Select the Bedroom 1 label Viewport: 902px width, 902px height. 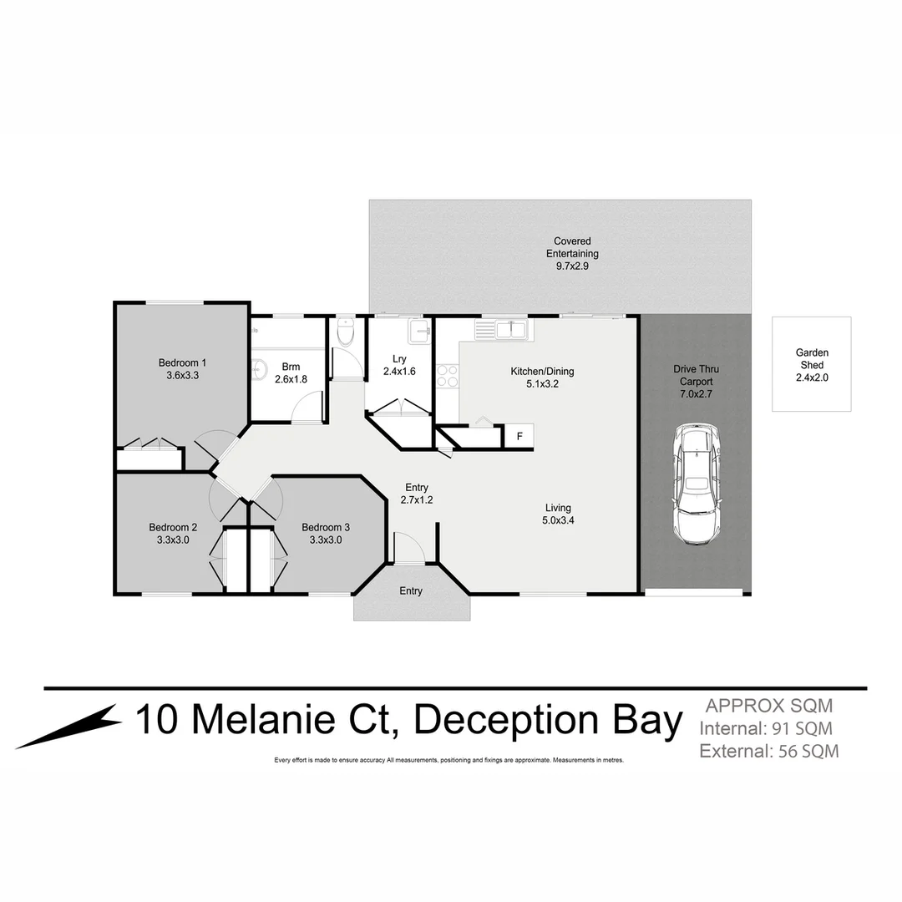[x=182, y=362]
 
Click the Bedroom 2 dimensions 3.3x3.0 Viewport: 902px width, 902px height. [x=173, y=540]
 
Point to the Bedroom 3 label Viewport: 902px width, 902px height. [x=326, y=527]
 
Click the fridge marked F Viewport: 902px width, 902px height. [x=519, y=436]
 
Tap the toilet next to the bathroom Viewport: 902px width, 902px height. [x=345, y=333]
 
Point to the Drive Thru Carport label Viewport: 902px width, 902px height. [x=696, y=375]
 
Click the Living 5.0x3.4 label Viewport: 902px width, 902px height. [x=558, y=514]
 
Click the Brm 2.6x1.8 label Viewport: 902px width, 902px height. [x=291, y=372]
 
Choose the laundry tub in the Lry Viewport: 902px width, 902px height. [x=418, y=332]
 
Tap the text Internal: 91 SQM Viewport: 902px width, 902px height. [x=765, y=728]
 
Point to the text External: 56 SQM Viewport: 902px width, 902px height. [x=768, y=751]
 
